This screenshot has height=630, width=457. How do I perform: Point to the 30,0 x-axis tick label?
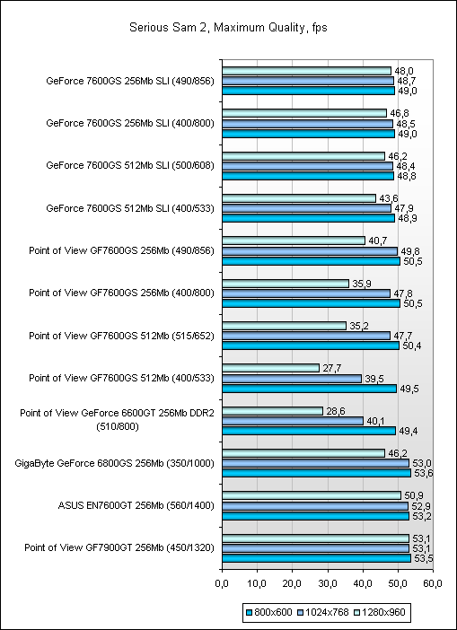(328, 582)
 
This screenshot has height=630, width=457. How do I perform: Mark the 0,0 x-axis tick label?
(222, 582)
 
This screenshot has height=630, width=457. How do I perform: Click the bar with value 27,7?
(270, 368)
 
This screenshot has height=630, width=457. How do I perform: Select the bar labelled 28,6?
(273, 411)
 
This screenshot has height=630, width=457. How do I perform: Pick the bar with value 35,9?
(286, 284)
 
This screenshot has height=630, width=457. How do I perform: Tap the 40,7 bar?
(294, 241)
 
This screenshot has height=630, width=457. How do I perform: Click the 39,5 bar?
(292, 379)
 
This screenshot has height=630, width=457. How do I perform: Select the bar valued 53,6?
(317, 473)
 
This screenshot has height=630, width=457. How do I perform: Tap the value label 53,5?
(422, 558)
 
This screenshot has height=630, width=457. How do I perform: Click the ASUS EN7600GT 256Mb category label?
(136, 505)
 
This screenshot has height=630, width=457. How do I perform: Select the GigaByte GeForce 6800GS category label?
(113, 463)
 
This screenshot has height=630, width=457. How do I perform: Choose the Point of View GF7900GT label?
(119, 547)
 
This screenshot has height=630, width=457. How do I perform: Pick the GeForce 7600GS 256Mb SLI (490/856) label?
(130, 81)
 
